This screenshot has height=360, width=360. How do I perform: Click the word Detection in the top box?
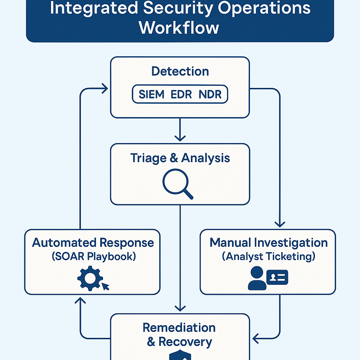180,71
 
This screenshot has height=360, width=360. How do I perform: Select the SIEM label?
152,95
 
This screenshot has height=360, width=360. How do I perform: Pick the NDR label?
211,95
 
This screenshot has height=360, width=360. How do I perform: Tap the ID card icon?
277,277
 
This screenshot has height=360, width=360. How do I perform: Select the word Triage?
148,158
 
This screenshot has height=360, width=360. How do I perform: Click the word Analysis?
205,158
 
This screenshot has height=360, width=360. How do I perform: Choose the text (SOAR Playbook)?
94,256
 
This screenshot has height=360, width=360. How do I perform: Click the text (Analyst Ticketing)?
268,256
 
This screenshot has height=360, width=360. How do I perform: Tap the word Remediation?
179,328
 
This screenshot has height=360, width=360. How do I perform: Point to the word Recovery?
185,342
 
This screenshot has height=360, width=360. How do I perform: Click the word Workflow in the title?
179,28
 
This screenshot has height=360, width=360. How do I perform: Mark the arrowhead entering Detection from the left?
104,88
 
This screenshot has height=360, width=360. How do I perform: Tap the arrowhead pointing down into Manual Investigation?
279,224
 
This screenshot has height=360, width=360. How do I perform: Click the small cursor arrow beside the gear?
105,287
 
